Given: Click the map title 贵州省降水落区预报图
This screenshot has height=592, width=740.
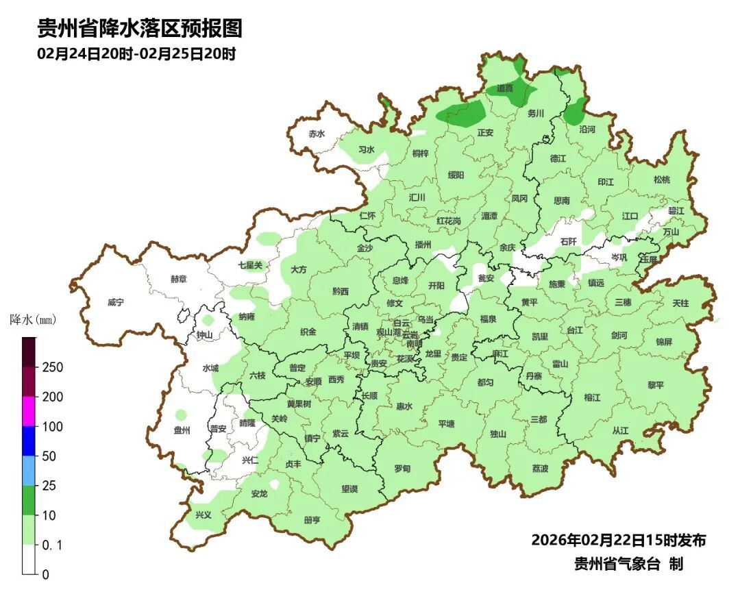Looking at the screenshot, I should click(x=140, y=28).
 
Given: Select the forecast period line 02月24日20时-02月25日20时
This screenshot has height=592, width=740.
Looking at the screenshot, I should click(x=136, y=54).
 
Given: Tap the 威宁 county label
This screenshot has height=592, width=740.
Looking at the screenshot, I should click(x=116, y=302).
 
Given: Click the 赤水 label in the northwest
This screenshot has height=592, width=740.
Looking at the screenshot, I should click(x=316, y=134).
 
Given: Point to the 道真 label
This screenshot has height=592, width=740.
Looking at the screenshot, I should click(x=505, y=88).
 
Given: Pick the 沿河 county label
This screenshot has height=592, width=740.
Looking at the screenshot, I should click(x=587, y=129).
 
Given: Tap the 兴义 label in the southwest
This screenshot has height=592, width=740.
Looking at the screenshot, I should click(x=203, y=515).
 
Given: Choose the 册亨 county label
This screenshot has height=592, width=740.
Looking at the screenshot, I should click(x=312, y=520).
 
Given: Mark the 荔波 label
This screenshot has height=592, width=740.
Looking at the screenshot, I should click(x=540, y=469).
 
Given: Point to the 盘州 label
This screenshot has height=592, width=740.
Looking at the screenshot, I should click(x=182, y=430).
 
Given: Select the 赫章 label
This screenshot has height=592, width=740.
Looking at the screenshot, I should click(x=178, y=279).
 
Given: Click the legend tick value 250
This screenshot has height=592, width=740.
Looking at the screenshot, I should click(x=52, y=367).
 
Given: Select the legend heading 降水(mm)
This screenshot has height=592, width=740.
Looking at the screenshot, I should click(x=32, y=320).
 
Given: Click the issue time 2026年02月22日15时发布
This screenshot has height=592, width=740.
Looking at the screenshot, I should click(x=618, y=540).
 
